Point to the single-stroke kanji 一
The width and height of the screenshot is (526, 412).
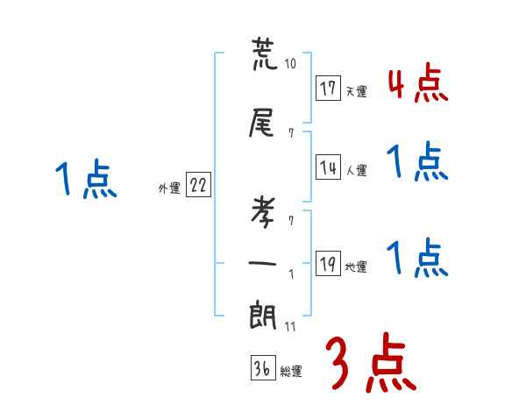[263, 262]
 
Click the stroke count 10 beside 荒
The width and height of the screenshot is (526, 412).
[291, 65]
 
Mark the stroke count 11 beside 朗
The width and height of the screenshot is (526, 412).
[291, 327]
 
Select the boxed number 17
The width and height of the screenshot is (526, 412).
[329, 89]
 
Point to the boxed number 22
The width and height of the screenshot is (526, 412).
[198, 186]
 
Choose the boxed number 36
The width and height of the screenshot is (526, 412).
[261, 369]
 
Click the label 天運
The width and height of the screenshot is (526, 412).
[356, 91]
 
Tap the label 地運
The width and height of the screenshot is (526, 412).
[356, 267]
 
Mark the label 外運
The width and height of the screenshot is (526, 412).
[168, 188]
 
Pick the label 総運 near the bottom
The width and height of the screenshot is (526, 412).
[291, 372]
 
